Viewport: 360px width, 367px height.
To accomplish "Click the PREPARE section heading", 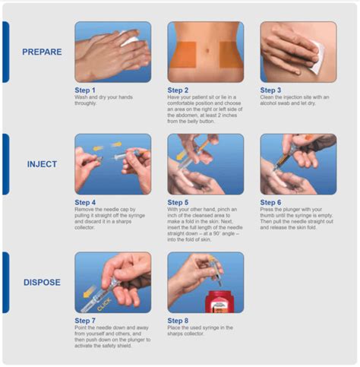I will tap(43, 52).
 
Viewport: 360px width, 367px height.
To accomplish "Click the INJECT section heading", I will tap(43, 164).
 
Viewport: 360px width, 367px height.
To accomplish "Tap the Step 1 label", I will tap(86, 90).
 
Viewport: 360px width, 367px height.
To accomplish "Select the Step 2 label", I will tap(178, 90).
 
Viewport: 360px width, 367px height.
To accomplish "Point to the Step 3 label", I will tap(271, 90).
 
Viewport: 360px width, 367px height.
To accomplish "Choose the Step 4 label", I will tap(86, 203).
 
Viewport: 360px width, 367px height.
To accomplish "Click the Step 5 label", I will tap(178, 203).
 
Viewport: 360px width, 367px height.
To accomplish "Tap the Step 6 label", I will tap(271, 203).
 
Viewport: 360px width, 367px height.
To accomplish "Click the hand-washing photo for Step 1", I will tap(112, 52).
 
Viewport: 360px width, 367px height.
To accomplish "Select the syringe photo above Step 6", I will tap(298, 164).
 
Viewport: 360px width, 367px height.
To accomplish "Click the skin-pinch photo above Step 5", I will tap(205, 164).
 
